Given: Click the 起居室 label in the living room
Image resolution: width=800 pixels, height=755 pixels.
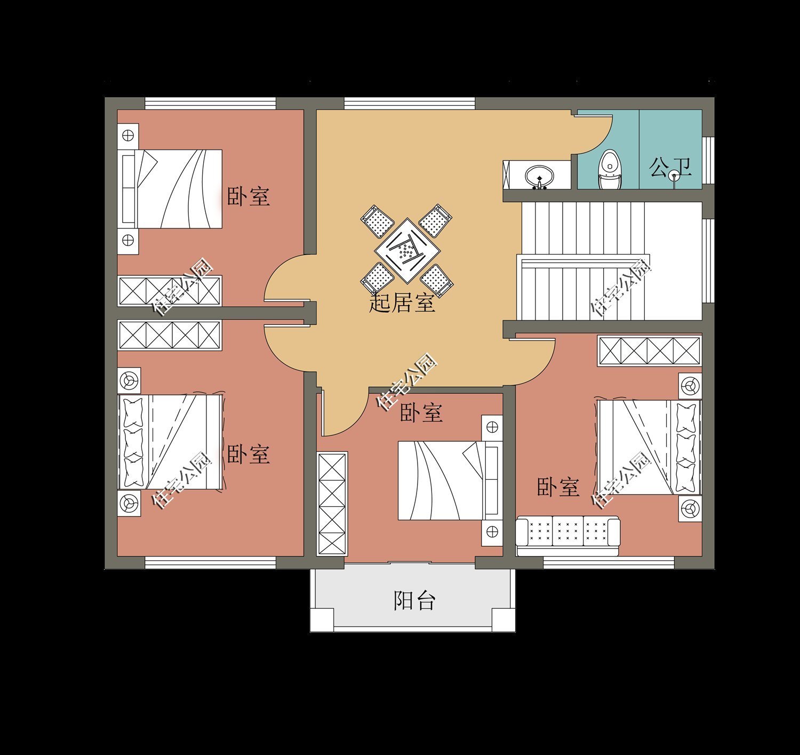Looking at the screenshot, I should click(402, 304).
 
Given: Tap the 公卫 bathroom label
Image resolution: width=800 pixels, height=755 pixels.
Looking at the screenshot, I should click(670, 168).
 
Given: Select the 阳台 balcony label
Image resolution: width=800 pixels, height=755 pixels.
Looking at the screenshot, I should click(414, 600).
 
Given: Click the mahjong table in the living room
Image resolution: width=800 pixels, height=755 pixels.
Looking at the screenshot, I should click(406, 250).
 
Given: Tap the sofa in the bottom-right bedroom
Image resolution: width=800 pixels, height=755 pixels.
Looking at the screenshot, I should click(568, 531).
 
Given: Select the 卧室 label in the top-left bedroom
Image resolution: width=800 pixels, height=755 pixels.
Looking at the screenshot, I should click(248, 196).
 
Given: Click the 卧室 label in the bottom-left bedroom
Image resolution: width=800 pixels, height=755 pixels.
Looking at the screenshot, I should click(248, 454).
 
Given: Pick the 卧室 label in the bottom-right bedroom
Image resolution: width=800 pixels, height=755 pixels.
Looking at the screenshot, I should click(557, 487).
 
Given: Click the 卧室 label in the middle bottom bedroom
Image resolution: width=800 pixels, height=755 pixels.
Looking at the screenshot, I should click(421, 412).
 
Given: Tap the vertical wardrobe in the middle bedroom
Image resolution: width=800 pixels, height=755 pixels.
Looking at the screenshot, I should click(332, 504).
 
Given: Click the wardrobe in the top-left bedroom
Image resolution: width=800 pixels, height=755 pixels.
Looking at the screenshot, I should click(170, 291).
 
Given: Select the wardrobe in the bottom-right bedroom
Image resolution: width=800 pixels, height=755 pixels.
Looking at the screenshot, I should click(649, 351).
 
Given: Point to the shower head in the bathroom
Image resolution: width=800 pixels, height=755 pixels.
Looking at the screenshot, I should click(675, 174).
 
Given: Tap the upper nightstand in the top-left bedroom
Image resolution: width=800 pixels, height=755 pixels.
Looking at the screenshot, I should click(128, 136).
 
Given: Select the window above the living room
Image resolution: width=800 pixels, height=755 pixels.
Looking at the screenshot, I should click(409, 103).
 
